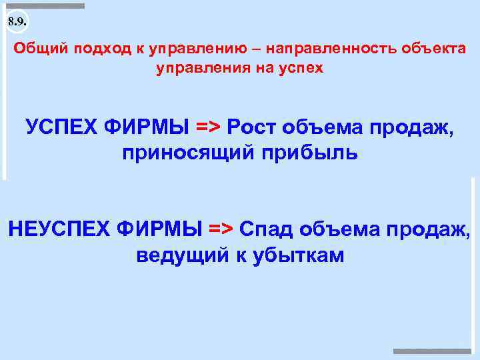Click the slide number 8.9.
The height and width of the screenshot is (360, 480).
(17, 22)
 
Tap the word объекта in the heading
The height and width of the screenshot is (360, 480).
(429, 50)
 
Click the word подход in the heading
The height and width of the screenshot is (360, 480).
(98, 51)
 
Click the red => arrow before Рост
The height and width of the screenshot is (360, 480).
(209, 126)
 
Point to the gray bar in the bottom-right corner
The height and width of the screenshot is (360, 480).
(432, 351)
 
